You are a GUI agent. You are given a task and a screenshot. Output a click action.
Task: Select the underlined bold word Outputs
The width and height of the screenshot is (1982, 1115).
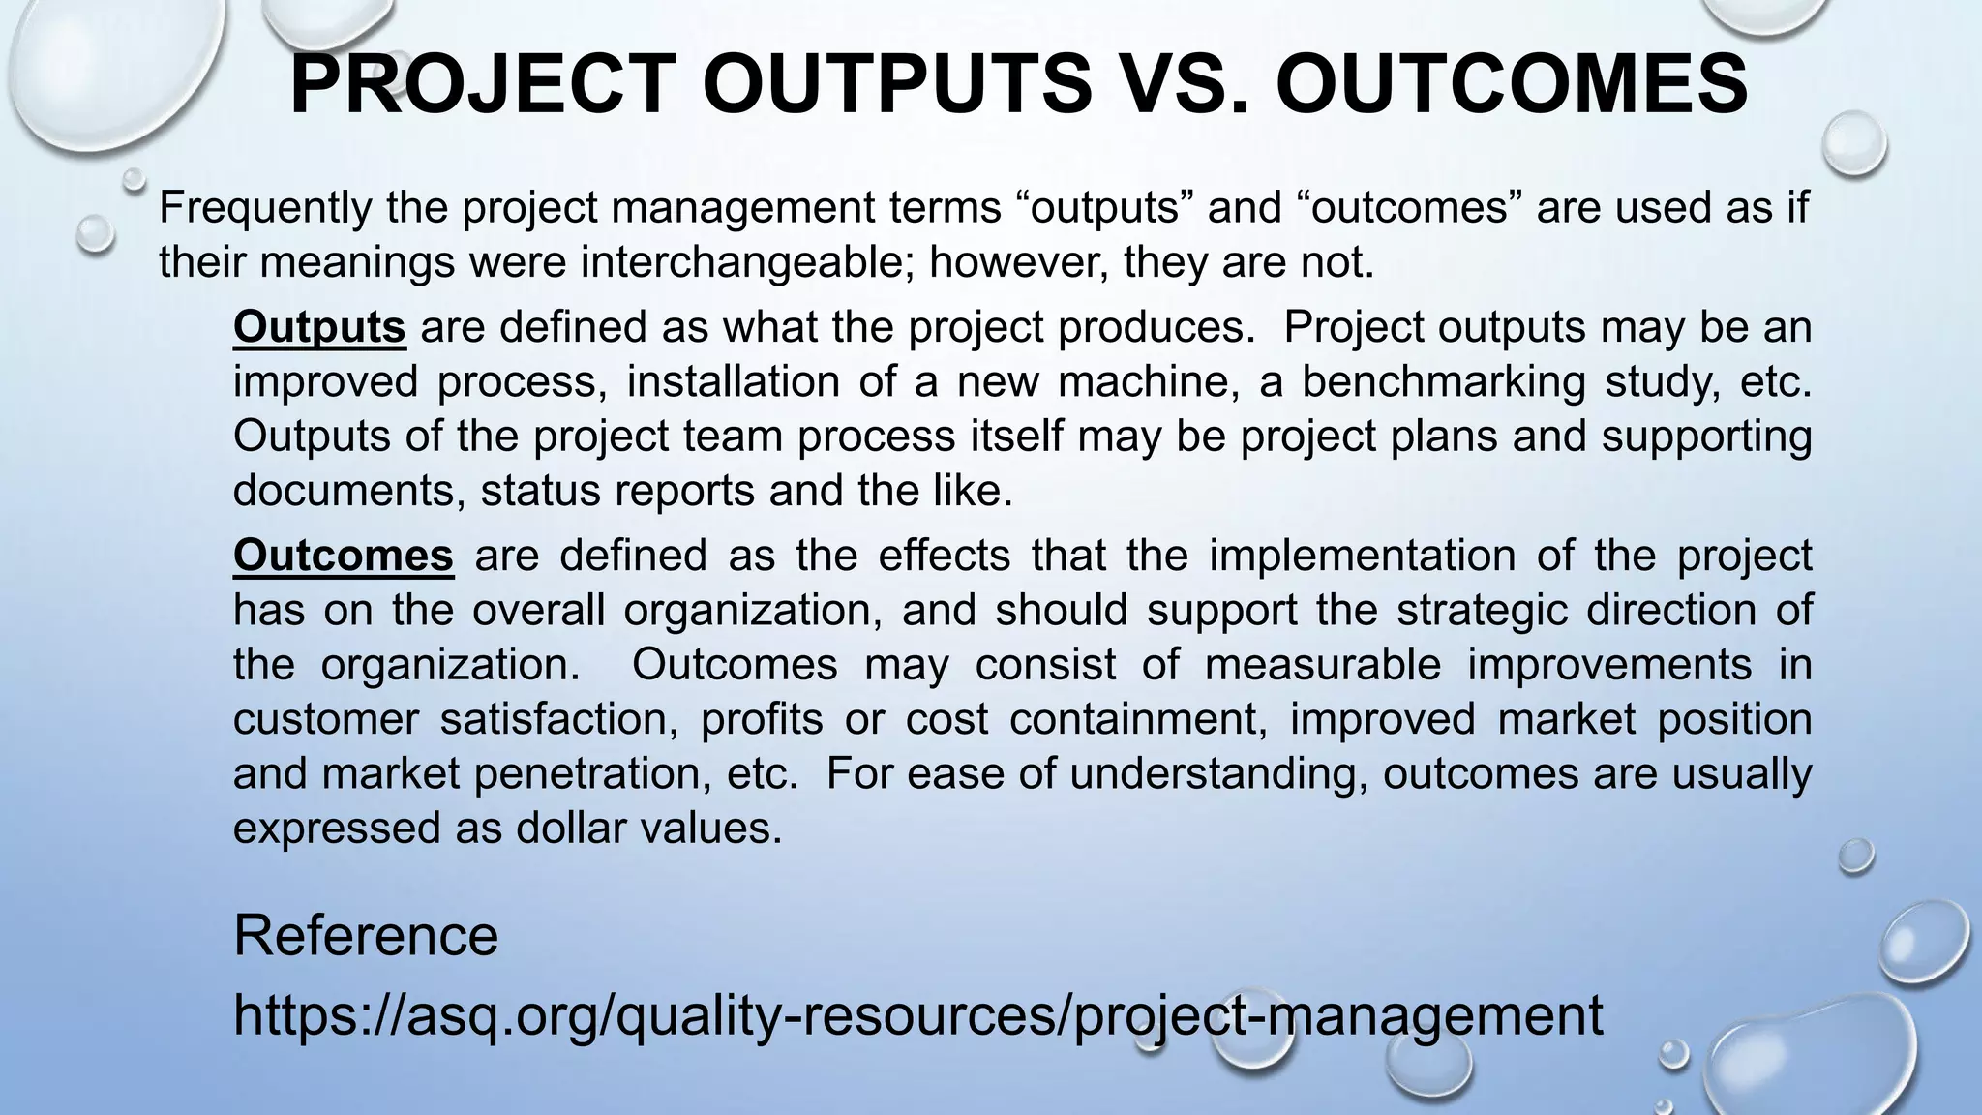[x=319, y=327]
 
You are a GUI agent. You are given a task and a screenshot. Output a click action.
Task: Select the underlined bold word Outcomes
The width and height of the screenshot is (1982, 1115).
[x=344, y=556]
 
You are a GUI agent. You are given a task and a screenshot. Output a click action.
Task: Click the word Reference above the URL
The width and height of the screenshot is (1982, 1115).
[x=366, y=935]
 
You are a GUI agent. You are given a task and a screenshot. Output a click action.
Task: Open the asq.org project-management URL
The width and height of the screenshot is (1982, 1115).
[x=917, y=1015]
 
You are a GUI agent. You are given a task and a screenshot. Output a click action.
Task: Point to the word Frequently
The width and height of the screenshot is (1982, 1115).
[x=263, y=208]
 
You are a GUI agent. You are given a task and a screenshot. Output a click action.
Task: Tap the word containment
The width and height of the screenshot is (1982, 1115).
[x=1138, y=719]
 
